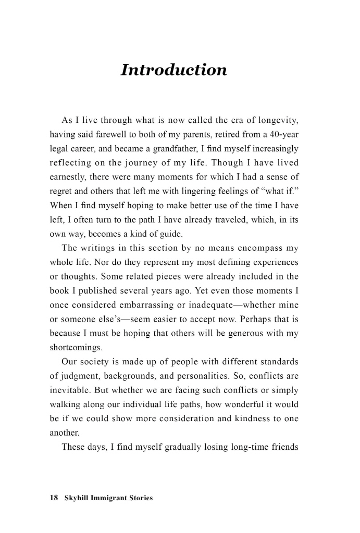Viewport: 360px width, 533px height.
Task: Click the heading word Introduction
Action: pyautogui.click(x=173, y=70)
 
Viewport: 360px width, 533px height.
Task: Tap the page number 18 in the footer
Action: pyautogui.click(x=53, y=498)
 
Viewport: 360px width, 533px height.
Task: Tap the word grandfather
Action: pyautogui.click(x=171, y=149)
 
